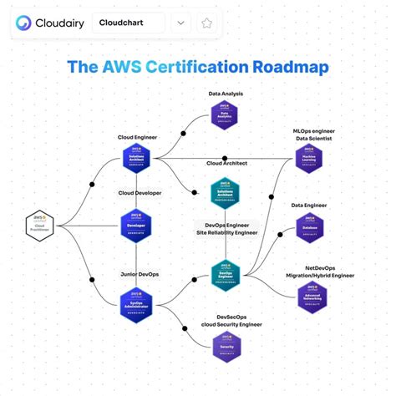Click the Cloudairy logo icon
click(24, 23)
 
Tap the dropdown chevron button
click(181, 23)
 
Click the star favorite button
click(206, 23)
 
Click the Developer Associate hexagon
click(136, 225)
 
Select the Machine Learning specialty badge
click(309, 159)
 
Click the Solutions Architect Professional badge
click(225, 194)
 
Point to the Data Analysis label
click(226, 94)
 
